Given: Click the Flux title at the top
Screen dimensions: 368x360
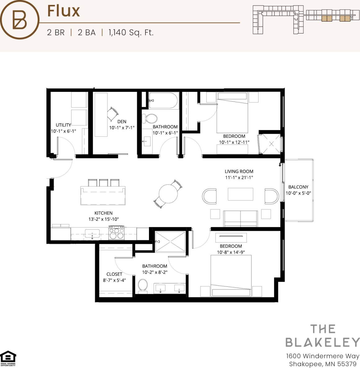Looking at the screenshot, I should pyautogui.click(x=63, y=11).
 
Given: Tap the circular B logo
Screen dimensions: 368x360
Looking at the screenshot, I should pyautogui.click(x=20, y=20).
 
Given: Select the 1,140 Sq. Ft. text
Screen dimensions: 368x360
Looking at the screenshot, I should pyautogui.click(x=131, y=33).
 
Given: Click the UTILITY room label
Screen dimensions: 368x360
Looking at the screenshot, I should pyautogui.click(x=63, y=125).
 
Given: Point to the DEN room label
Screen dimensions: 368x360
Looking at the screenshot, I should pyautogui.click(x=122, y=122).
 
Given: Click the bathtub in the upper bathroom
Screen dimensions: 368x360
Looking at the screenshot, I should pyautogui.click(x=163, y=101).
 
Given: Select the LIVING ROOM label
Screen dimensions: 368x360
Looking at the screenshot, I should pyautogui.click(x=239, y=171).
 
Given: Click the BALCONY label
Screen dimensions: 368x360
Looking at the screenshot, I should pyautogui.click(x=298, y=187).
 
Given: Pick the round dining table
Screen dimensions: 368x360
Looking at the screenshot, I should pyautogui.click(x=168, y=194).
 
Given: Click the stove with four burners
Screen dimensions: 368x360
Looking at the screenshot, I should pyautogui.click(x=116, y=233).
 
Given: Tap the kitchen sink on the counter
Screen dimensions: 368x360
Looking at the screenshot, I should pyautogui.click(x=92, y=233).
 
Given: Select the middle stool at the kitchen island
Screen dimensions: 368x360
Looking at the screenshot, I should pyautogui.click(x=104, y=182).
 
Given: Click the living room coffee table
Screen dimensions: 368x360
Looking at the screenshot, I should pyautogui.click(x=241, y=194).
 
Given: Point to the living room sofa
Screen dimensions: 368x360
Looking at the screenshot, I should pyautogui.click(x=241, y=219).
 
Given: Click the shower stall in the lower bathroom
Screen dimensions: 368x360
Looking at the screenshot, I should pyautogui.click(x=170, y=241).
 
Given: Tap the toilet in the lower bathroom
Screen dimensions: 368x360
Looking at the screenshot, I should pyautogui.click(x=143, y=285).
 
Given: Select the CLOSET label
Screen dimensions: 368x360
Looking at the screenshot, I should pyautogui.click(x=114, y=274).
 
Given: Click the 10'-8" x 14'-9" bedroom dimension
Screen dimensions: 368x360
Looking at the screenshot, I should pyautogui.click(x=231, y=252).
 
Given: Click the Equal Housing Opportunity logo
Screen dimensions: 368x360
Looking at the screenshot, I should pyautogui.click(x=8, y=358).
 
